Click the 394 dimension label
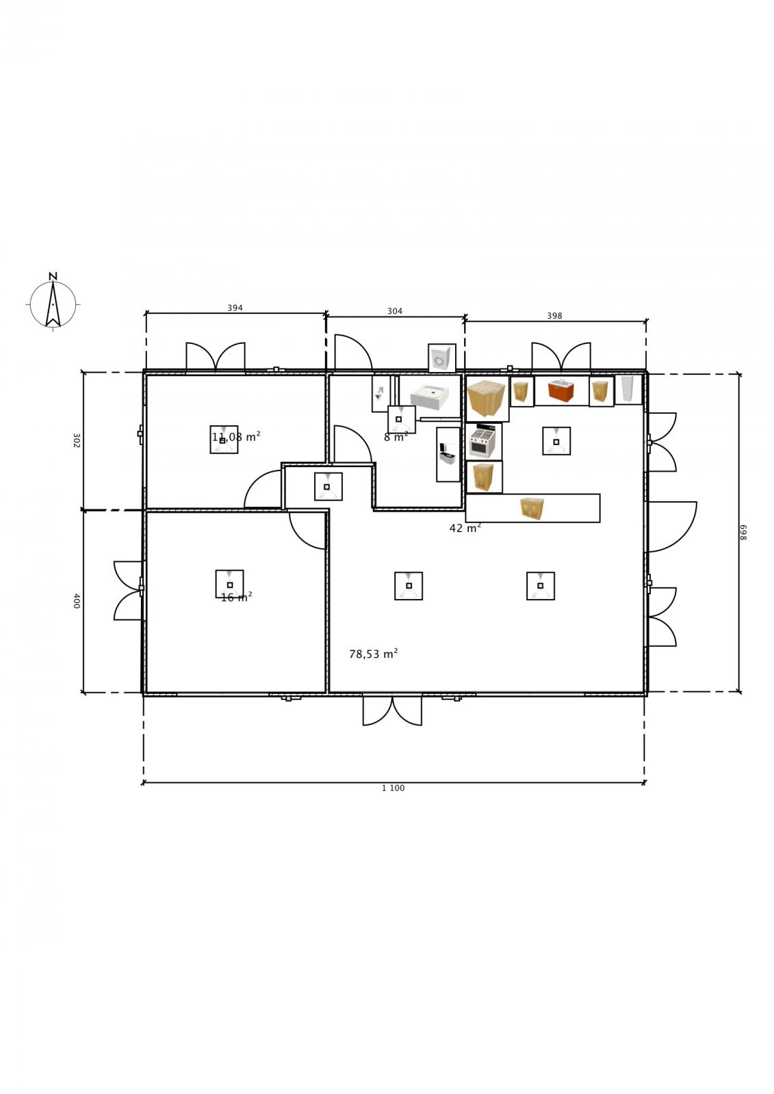(x=235, y=308)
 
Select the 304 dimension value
(x=395, y=312)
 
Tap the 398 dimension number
(x=554, y=316)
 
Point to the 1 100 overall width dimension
(x=393, y=788)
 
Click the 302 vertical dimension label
(x=76, y=440)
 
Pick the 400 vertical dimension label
(x=76, y=601)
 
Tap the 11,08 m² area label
(x=236, y=437)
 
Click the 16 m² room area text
(x=237, y=597)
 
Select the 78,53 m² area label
(x=374, y=654)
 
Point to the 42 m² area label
(x=465, y=528)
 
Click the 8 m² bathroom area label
(x=396, y=437)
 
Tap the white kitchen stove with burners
(x=483, y=441)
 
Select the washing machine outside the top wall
(x=442, y=358)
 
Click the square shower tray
(x=430, y=397)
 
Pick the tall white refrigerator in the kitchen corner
(x=628, y=389)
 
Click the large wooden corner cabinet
(x=487, y=399)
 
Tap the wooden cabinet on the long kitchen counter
(x=532, y=509)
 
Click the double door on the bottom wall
(x=392, y=710)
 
